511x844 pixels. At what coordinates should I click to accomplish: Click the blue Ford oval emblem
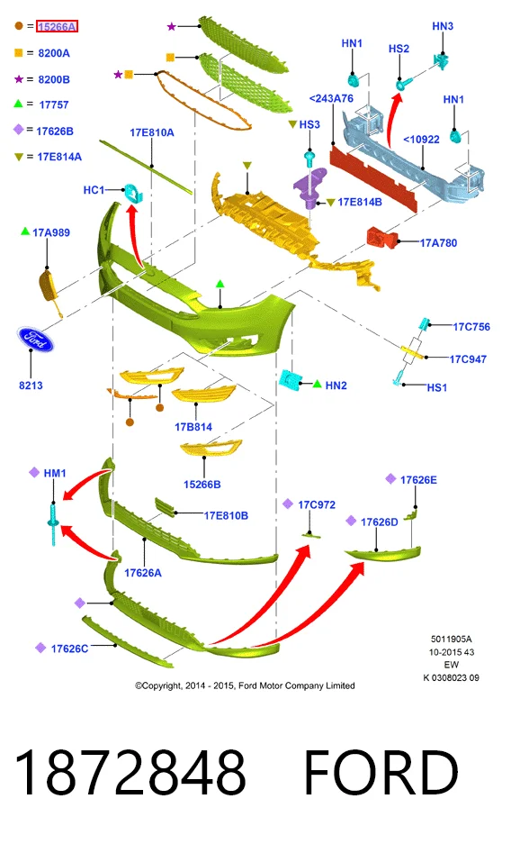pos(35,340)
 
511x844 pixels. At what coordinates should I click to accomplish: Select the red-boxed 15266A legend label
pos(57,26)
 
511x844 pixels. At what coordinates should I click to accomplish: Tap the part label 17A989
pos(51,232)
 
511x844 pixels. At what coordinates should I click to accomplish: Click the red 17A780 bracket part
pos(381,237)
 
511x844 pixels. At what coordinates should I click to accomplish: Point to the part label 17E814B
pos(360,203)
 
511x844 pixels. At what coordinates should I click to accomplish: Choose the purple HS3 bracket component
pos(310,186)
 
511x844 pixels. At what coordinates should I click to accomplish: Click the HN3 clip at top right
pos(441,61)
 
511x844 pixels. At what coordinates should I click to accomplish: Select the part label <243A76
pos(331,98)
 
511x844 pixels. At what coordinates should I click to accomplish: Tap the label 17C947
pos(468,359)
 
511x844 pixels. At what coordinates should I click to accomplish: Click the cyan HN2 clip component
pos(291,380)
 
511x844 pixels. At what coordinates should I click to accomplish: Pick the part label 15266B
pos(202,485)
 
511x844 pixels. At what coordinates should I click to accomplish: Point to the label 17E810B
pos(226,515)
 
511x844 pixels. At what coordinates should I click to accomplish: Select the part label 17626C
pos(69,649)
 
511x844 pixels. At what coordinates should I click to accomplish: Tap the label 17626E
pos(418,479)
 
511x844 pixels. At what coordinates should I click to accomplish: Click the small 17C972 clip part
pos(310,534)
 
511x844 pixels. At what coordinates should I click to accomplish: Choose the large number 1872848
pos(130,772)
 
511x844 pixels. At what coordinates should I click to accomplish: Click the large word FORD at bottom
pos(381,772)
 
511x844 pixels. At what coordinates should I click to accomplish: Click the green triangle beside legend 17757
pos(18,104)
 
